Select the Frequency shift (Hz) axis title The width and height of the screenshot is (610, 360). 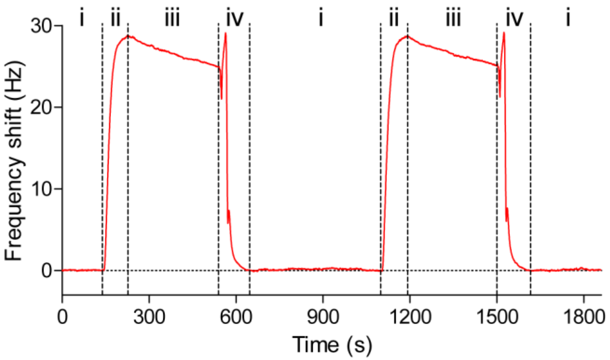pyautogui.click(x=14, y=161)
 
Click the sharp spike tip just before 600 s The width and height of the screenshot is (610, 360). pyautogui.click(x=226, y=33)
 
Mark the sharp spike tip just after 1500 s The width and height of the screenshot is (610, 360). pyautogui.click(x=504, y=33)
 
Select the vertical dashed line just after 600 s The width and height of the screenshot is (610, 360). pyautogui.click(x=250, y=155)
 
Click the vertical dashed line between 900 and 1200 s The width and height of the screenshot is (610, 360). pyautogui.click(x=381, y=155)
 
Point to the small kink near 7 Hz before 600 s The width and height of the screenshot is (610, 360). pyautogui.click(x=229, y=211)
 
